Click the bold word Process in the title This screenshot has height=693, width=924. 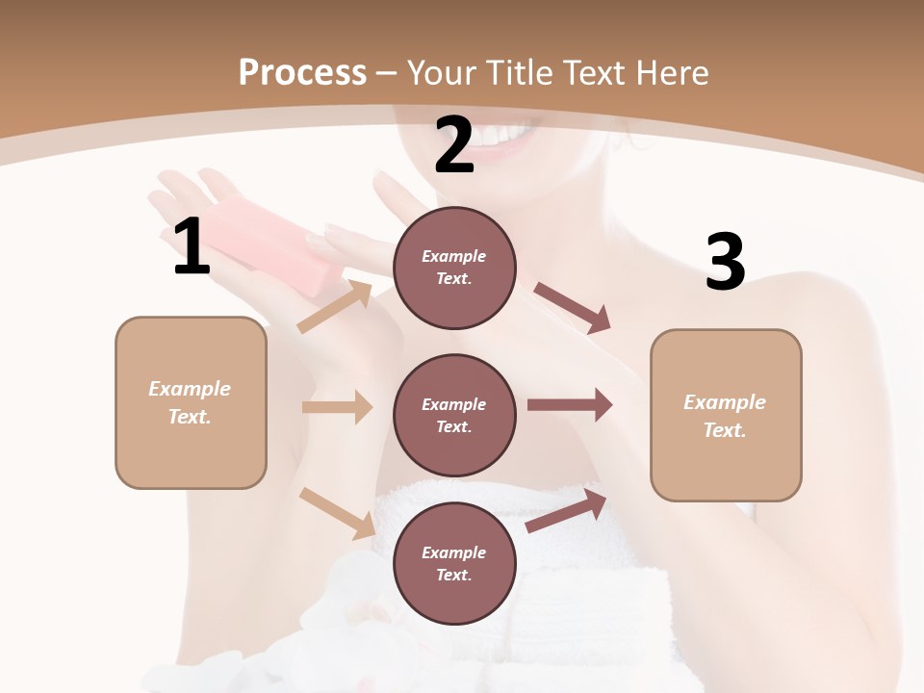tap(302, 72)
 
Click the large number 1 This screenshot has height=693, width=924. tap(192, 247)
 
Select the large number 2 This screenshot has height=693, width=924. tap(454, 145)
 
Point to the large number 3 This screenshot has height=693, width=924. tap(725, 262)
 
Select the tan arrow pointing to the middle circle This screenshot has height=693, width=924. tap(337, 407)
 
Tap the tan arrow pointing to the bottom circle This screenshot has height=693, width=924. tap(338, 512)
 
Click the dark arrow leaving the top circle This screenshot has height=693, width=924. tap(572, 307)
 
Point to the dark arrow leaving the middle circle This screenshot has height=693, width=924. tap(570, 405)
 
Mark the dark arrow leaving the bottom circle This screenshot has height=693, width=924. tap(567, 510)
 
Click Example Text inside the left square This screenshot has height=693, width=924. tap(191, 402)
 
